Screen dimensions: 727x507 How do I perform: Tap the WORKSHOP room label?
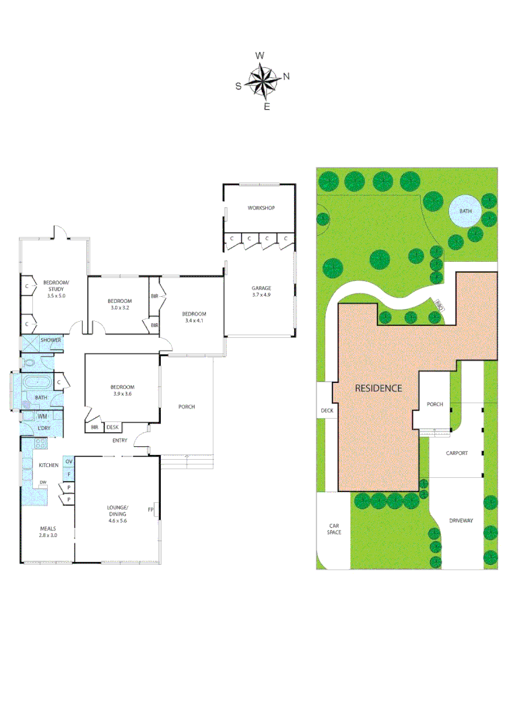pyautogui.click(x=261, y=208)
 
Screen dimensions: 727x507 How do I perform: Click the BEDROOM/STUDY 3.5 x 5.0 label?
pyautogui.click(x=56, y=289)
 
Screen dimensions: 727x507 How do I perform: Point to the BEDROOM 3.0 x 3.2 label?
pyautogui.click(x=119, y=304)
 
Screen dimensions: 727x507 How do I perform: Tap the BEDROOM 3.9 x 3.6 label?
pyautogui.click(x=123, y=390)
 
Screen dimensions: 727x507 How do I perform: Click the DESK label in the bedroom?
pyautogui.click(x=112, y=427)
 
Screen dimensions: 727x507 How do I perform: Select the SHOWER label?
pyautogui.click(x=50, y=341)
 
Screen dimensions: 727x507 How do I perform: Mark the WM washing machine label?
pyautogui.click(x=42, y=417)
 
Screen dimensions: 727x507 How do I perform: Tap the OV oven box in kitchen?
pyautogui.click(x=68, y=462)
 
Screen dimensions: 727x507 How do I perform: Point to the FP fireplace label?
pyautogui.click(x=151, y=510)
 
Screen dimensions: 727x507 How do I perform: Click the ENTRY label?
pyautogui.click(x=120, y=441)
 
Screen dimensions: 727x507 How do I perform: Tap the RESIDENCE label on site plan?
pyautogui.click(x=378, y=388)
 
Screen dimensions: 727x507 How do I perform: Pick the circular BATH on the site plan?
pyautogui.click(x=465, y=211)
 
